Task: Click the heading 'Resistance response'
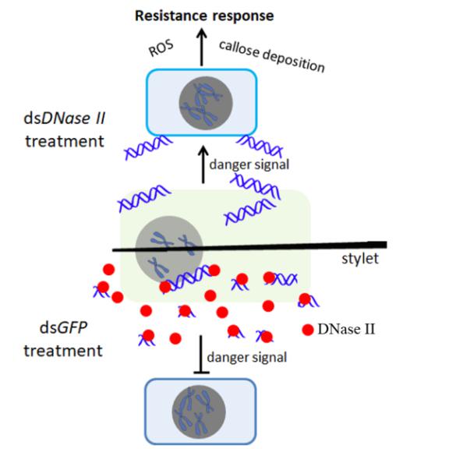pyautogui.click(x=204, y=16)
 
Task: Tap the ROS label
pyautogui.click(x=161, y=48)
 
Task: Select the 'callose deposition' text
pyautogui.click(x=272, y=56)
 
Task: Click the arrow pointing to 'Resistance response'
pyautogui.click(x=202, y=48)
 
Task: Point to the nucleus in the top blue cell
pyautogui.click(x=206, y=103)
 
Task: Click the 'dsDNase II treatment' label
pyautogui.click(x=65, y=129)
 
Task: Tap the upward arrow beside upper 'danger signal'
pyautogui.click(x=203, y=164)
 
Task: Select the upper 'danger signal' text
pyautogui.click(x=249, y=164)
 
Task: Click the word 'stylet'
pyautogui.click(x=360, y=259)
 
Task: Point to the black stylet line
pyautogui.click(x=249, y=247)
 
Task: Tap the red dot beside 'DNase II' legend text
pyautogui.click(x=308, y=330)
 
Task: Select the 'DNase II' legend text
pyautogui.click(x=346, y=329)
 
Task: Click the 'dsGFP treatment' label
pyautogui.click(x=63, y=339)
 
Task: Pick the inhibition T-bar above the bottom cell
pyautogui.click(x=201, y=355)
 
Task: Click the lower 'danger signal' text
pyautogui.click(x=247, y=357)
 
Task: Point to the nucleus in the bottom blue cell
pyautogui.click(x=199, y=412)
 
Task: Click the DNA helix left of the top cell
pyautogui.click(x=148, y=147)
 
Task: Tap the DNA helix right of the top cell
pyautogui.click(x=260, y=145)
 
